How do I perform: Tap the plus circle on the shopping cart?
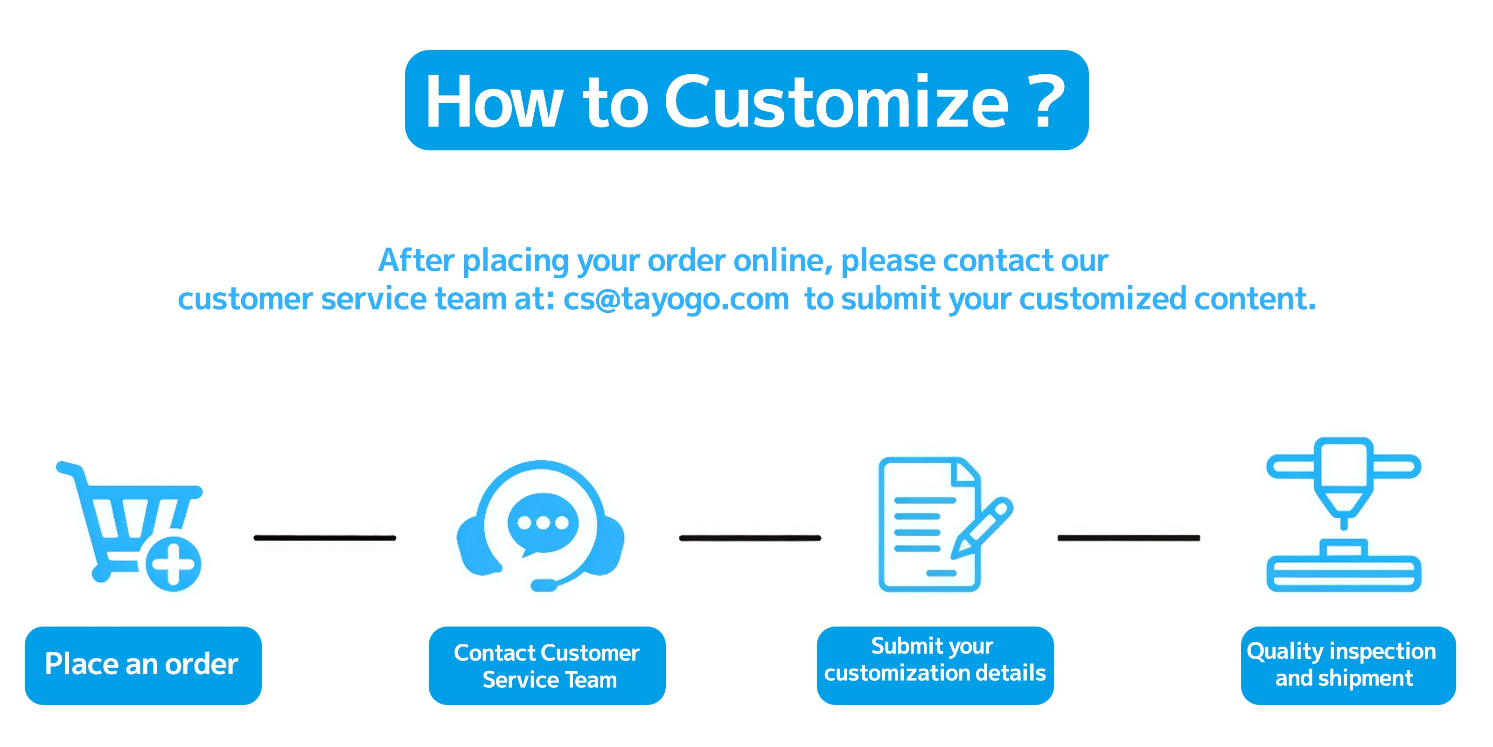click(x=173, y=563)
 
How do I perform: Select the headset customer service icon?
click(x=541, y=525)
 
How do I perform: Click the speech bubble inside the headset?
click(x=543, y=522)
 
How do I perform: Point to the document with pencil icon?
click(x=933, y=525)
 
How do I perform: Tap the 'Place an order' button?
click(x=143, y=665)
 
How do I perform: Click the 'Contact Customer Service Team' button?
click(x=546, y=665)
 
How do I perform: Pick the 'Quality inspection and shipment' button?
click(x=1347, y=665)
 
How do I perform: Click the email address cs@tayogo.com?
click(x=676, y=299)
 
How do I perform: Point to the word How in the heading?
click(x=494, y=103)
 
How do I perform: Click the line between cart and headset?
click(x=325, y=538)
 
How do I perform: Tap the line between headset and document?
click(x=750, y=538)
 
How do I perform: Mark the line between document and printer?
click(x=1129, y=538)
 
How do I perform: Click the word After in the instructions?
click(x=416, y=261)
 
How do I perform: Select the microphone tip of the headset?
click(x=544, y=585)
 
